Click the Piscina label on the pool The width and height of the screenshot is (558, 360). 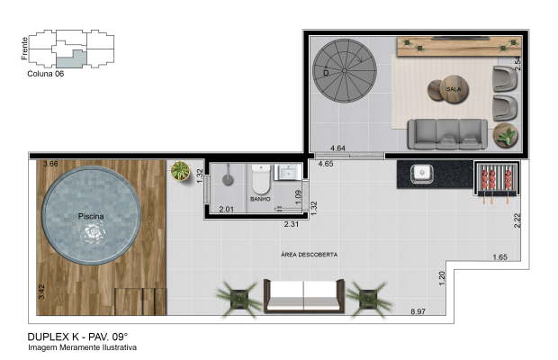(x=91, y=216)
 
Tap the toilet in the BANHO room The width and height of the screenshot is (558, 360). (x=260, y=179)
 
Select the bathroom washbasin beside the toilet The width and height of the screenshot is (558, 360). (x=287, y=172)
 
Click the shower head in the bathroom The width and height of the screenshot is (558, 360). (x=228, y=179)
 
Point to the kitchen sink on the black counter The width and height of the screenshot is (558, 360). (x=422, y=174)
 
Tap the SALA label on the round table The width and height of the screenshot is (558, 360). (x=454, y=89)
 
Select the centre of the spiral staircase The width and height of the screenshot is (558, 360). (x=344, y=71)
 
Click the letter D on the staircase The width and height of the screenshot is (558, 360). (x=326, y=73)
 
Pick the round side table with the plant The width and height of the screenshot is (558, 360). (x=505, y=135)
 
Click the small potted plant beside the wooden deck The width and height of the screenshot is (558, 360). (x=180, y=171)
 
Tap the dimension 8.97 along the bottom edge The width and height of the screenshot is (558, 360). (x=418, y=311)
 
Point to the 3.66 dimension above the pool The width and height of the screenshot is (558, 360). (x=50, y=164)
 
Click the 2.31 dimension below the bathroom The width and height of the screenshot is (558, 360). (x=291, y=224)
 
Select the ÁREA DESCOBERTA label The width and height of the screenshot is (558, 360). (x=309, y=255)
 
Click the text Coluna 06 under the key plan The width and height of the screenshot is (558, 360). (x=46, y=74)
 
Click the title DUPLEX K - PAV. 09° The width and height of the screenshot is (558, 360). (x=77, y=337)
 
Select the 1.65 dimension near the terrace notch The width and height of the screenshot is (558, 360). (x=499, y=257)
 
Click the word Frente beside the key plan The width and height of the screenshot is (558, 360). (x=24, y=49)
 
